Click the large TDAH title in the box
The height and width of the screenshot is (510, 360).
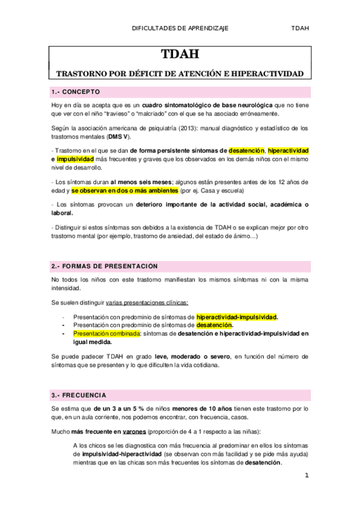pyautogui.click(x=180, y=55)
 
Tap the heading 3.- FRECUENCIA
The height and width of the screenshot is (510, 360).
pyautogui.click(x=79, y=395)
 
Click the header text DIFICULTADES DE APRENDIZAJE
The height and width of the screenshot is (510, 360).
pyautogui.click(x=180, y=28)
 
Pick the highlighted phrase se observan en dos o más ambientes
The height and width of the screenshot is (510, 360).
pyautogui.click(x=124, y=191)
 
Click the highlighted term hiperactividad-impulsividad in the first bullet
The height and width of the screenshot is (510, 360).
pyautogui.click(x=237, y=316)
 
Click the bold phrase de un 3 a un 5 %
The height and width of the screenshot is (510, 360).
pyautogui.click(x=103, y=409)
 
